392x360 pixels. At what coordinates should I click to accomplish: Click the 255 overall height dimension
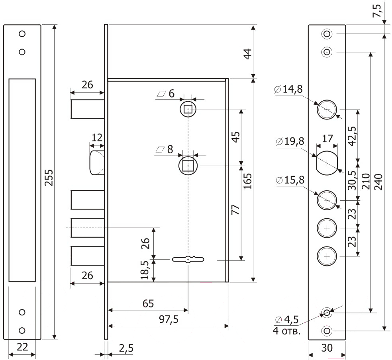click(x=48, y=178)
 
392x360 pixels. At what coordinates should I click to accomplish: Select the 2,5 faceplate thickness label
click(x=126, y=348)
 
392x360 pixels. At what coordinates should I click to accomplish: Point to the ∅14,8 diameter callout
click(x=289, y=90)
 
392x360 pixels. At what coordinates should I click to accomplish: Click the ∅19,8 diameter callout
click(x=290, y=141)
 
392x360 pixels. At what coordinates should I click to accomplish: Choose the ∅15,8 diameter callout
click(x=290, y=180)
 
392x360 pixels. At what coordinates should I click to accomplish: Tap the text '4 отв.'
click(x=287, y=331)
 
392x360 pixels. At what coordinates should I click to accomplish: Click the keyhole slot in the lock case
click(x=188, y=260)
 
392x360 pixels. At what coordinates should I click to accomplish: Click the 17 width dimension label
click(x=327, y=139)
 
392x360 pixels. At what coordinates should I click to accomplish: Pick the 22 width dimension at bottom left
click(x=22, y=347)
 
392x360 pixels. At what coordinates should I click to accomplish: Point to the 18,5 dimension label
click(x=146, y=270)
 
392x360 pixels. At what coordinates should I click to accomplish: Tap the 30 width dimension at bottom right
click(x=327, y=347)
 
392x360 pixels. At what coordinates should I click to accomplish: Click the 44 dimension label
click(x=247, y=53)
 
